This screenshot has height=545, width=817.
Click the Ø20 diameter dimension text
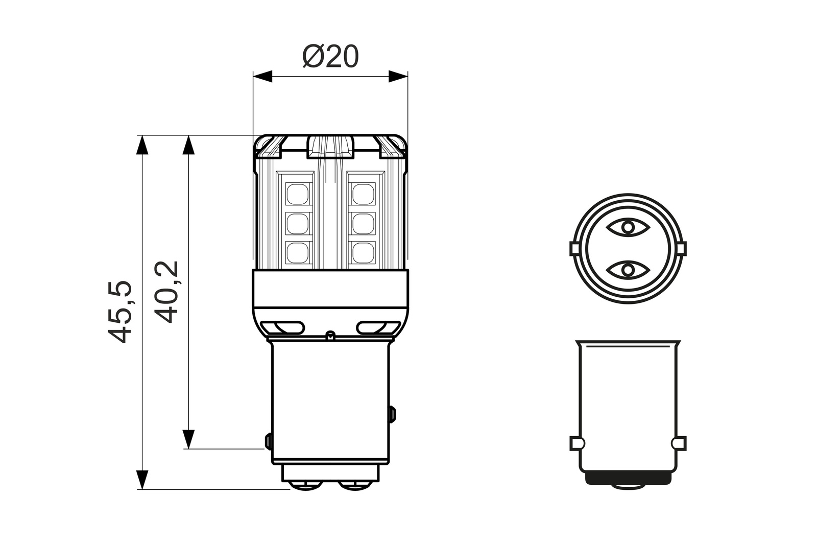330,57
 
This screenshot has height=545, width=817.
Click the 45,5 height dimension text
121,312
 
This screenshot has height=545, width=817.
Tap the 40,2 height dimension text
166,292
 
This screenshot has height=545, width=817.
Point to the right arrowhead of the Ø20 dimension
398,77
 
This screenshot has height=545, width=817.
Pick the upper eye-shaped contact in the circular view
628,226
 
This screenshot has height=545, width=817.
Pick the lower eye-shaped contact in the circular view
628,269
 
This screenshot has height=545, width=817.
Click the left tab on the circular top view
574,248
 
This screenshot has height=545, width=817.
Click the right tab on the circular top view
681,248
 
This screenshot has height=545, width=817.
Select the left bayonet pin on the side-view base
576,443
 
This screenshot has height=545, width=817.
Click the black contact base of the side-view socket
628,478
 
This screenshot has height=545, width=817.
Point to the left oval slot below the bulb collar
282,327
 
